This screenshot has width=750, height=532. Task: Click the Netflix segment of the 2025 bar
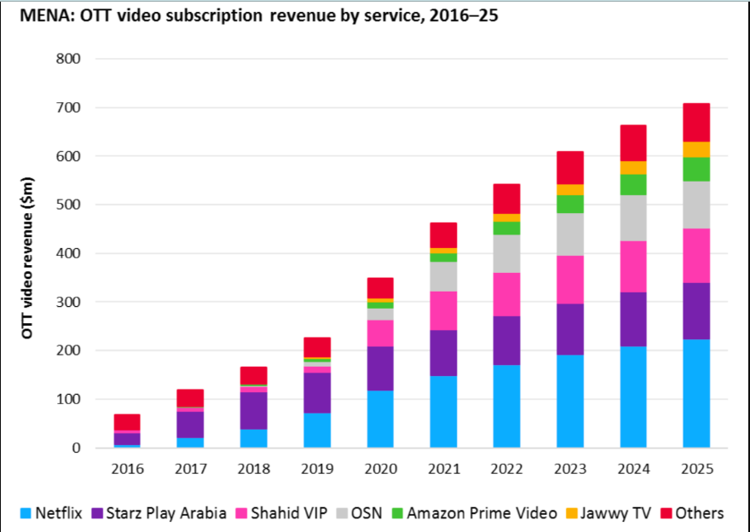point(696,393)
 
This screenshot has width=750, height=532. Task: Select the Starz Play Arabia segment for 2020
point(380,368)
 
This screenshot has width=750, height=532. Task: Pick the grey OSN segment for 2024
point(633,218)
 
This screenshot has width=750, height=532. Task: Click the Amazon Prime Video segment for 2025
point(696,169)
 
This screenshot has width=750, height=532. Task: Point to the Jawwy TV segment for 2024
point(633,167)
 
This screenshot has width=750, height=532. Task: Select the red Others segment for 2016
point(127,422)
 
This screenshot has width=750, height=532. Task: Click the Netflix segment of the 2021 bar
point(443,412)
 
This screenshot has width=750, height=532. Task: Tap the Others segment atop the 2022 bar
point(506,199)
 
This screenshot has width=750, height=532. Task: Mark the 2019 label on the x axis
point(317,469)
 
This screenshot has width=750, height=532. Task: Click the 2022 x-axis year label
point(506,469)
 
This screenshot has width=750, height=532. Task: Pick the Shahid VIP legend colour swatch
point(265,513)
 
